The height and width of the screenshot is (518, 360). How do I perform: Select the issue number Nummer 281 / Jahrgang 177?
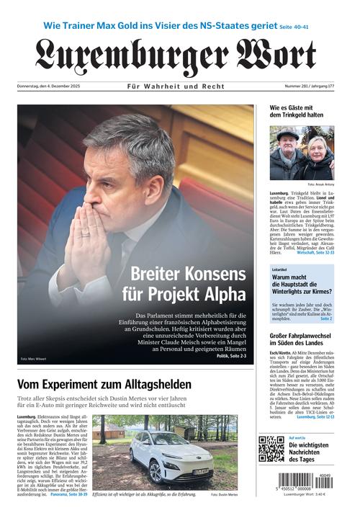pyautogui.click(x=310, y=86)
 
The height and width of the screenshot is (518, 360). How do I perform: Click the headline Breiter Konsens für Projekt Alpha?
pyautogui.click(x=188, y=284)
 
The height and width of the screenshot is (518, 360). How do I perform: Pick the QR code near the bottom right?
pyautogui.click(x=271, y=449)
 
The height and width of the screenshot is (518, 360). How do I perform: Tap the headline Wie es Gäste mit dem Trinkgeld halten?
pyautogui.click(x=296, y=112)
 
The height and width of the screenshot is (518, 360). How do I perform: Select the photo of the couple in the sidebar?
pyautogui.click(x=302, y=153)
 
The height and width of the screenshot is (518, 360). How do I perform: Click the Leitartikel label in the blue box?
pyautogui.click(x=279, y=269)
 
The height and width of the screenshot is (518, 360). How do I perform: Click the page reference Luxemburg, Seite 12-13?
pyautogui.click(x=315, y=416)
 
